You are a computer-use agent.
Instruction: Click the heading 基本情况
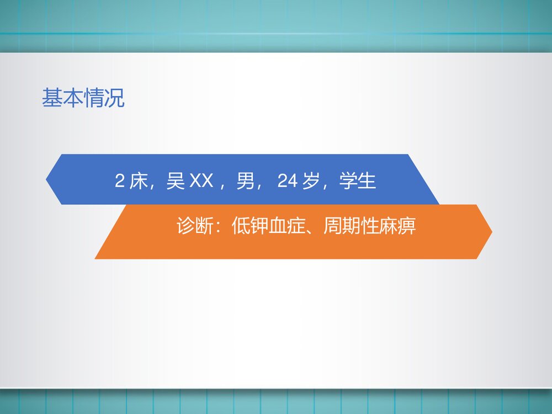[x=83, y=99]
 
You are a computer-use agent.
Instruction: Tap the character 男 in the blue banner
[x=245, y=181]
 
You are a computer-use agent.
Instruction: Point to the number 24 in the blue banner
[x=288, y=181]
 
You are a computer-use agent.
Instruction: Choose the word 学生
[x=358, y=181]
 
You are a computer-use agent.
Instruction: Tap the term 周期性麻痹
[x=370, y=227]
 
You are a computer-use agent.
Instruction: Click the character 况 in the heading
[x=115, y=99]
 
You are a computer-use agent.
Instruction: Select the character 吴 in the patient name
[x=176, y=181]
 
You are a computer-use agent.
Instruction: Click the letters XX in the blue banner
[x=201, y=181]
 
